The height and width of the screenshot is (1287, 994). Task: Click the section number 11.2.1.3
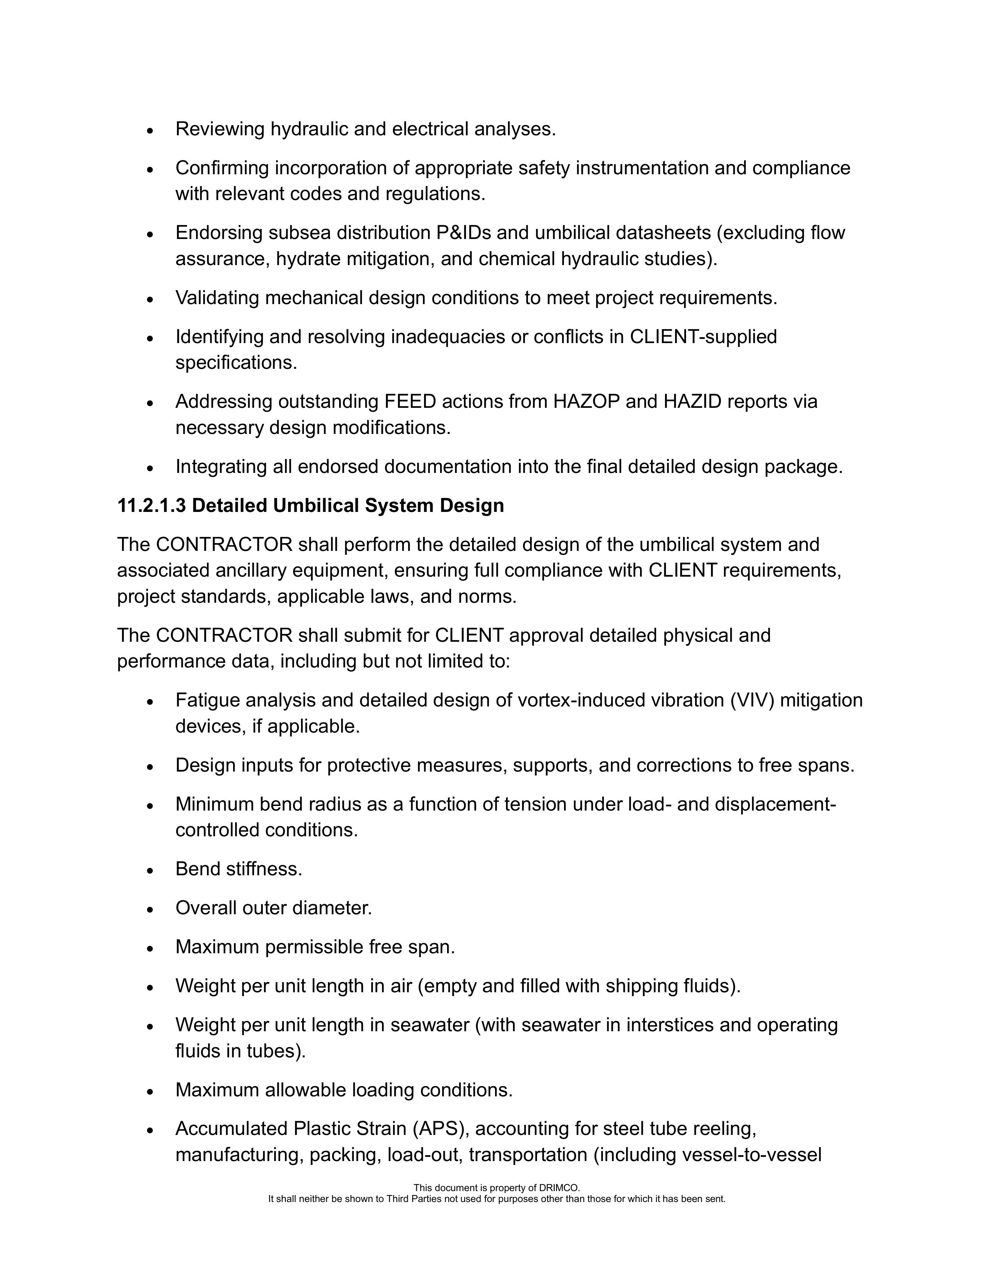click(151, 506)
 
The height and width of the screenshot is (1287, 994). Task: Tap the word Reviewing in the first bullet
click(220, 129)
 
